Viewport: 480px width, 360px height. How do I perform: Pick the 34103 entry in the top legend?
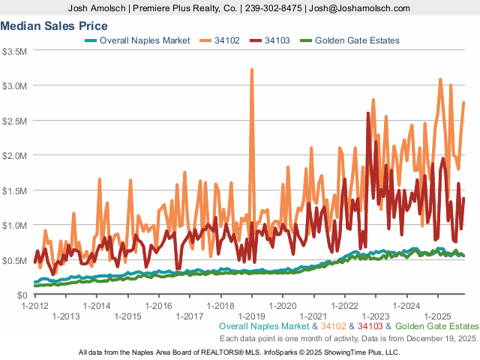point(277,40)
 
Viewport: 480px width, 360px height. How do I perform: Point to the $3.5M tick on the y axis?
point(16,51)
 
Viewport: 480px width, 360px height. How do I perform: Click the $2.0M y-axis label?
point(16,155)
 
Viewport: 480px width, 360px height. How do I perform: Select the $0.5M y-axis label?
point(16,260)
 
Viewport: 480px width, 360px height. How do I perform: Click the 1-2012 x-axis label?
point(35,306)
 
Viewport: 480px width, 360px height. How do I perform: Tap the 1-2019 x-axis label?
point(252,316)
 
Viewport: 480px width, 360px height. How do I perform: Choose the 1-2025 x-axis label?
point(438,316)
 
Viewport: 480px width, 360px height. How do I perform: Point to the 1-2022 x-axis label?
point(345,306)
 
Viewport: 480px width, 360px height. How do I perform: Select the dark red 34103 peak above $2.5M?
point(367,114)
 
